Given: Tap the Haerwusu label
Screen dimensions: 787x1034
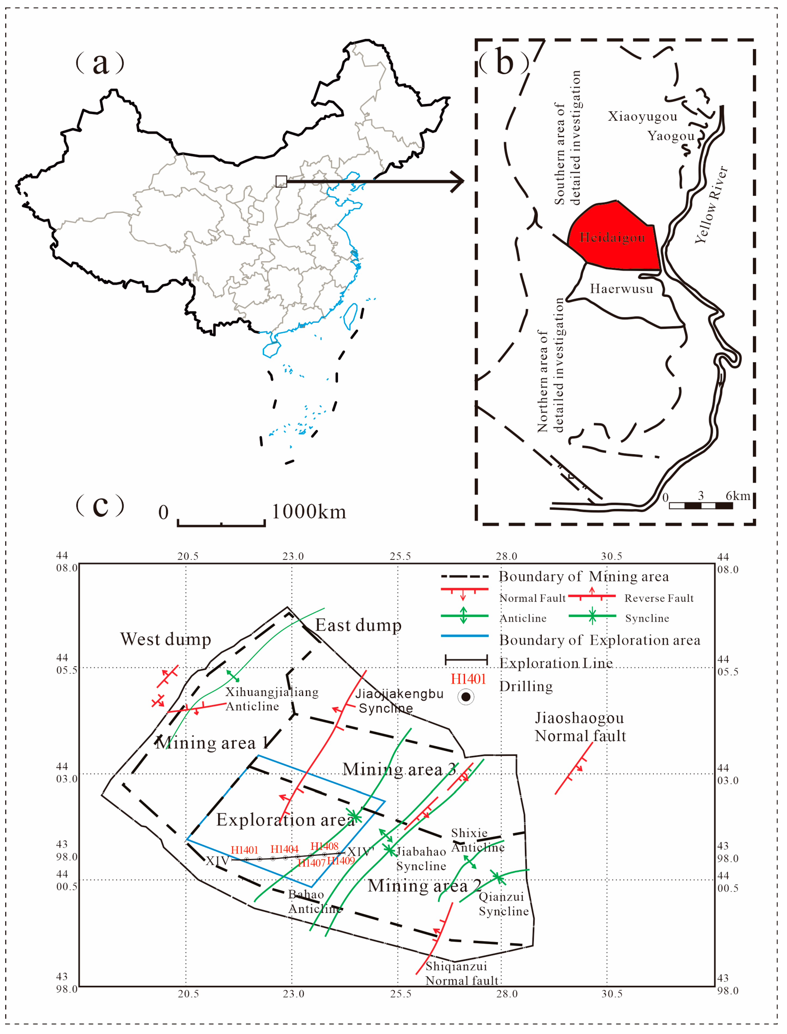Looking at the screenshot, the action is pos(621,289).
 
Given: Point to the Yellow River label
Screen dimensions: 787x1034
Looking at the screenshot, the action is pos(711,205).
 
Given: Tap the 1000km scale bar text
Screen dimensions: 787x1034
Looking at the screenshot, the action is pos(309,512).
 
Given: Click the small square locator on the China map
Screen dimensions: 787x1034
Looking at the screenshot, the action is pos(281,181).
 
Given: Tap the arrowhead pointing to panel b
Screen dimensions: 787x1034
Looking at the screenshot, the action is pos(457,181).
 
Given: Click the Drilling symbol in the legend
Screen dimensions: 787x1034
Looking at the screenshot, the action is pos(466,697).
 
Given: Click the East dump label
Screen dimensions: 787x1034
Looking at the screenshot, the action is pos(358,625).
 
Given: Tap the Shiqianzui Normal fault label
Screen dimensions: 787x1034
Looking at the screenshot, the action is pos(461,973).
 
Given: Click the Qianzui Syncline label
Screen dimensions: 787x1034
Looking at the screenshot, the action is pos(503,904).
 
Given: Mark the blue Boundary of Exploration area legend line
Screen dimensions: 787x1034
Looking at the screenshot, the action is pos(464,636).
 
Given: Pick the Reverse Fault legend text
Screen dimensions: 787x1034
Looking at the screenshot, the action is pos(659,598).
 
